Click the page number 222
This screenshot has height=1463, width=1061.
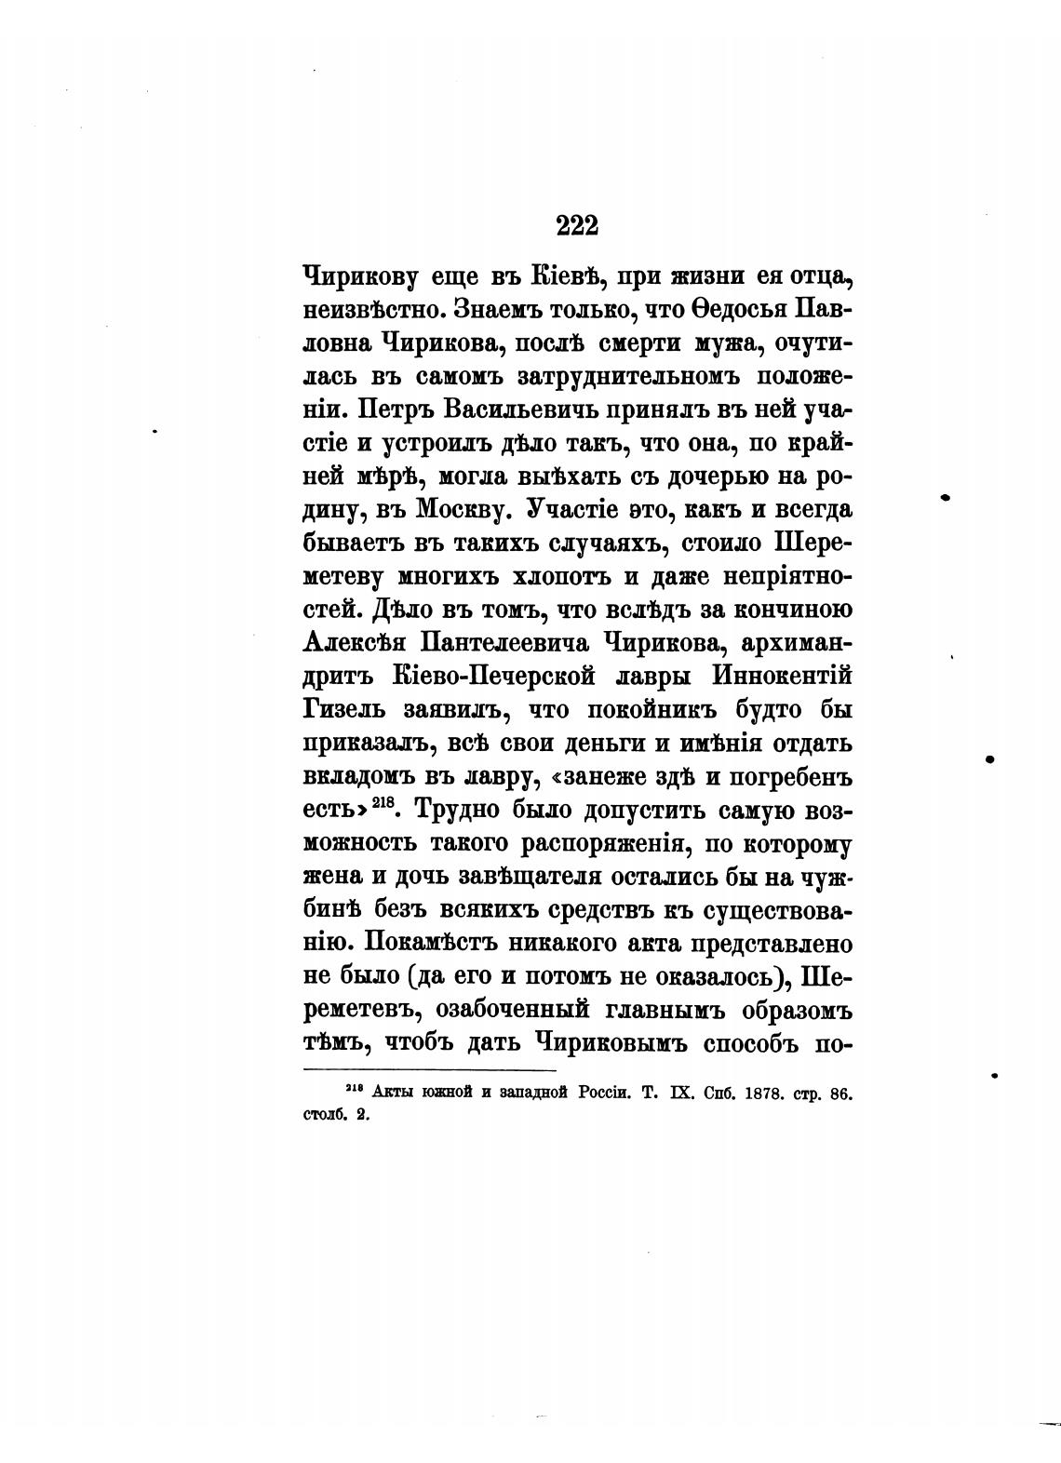(576, 225)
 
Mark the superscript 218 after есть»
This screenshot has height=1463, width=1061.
(383, 804)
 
